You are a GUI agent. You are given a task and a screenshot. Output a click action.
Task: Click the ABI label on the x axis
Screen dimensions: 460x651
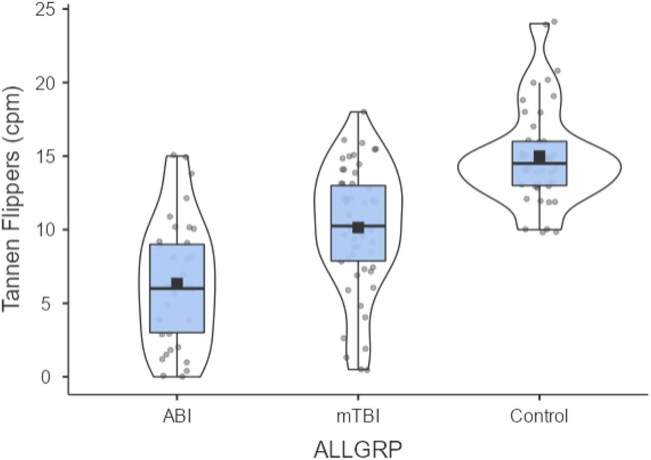point(177,417)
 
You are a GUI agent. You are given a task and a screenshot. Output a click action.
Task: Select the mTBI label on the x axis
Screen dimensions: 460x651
point(358,417)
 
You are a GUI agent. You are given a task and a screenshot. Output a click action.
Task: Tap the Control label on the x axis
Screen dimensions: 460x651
point(539,417)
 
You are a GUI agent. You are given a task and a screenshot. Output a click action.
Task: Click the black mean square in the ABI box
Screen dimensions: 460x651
point(177,283)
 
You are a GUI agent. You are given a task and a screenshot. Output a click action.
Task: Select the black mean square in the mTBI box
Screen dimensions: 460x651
point(358,227)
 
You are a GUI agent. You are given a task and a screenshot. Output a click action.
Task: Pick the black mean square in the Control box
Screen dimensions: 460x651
point(539,156)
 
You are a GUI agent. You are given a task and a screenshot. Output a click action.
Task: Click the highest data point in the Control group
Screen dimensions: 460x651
point(554,21)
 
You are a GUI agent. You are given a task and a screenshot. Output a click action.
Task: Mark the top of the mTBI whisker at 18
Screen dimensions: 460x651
point(358,112)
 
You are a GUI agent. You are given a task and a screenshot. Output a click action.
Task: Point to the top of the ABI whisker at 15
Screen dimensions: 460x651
point(177,156)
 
